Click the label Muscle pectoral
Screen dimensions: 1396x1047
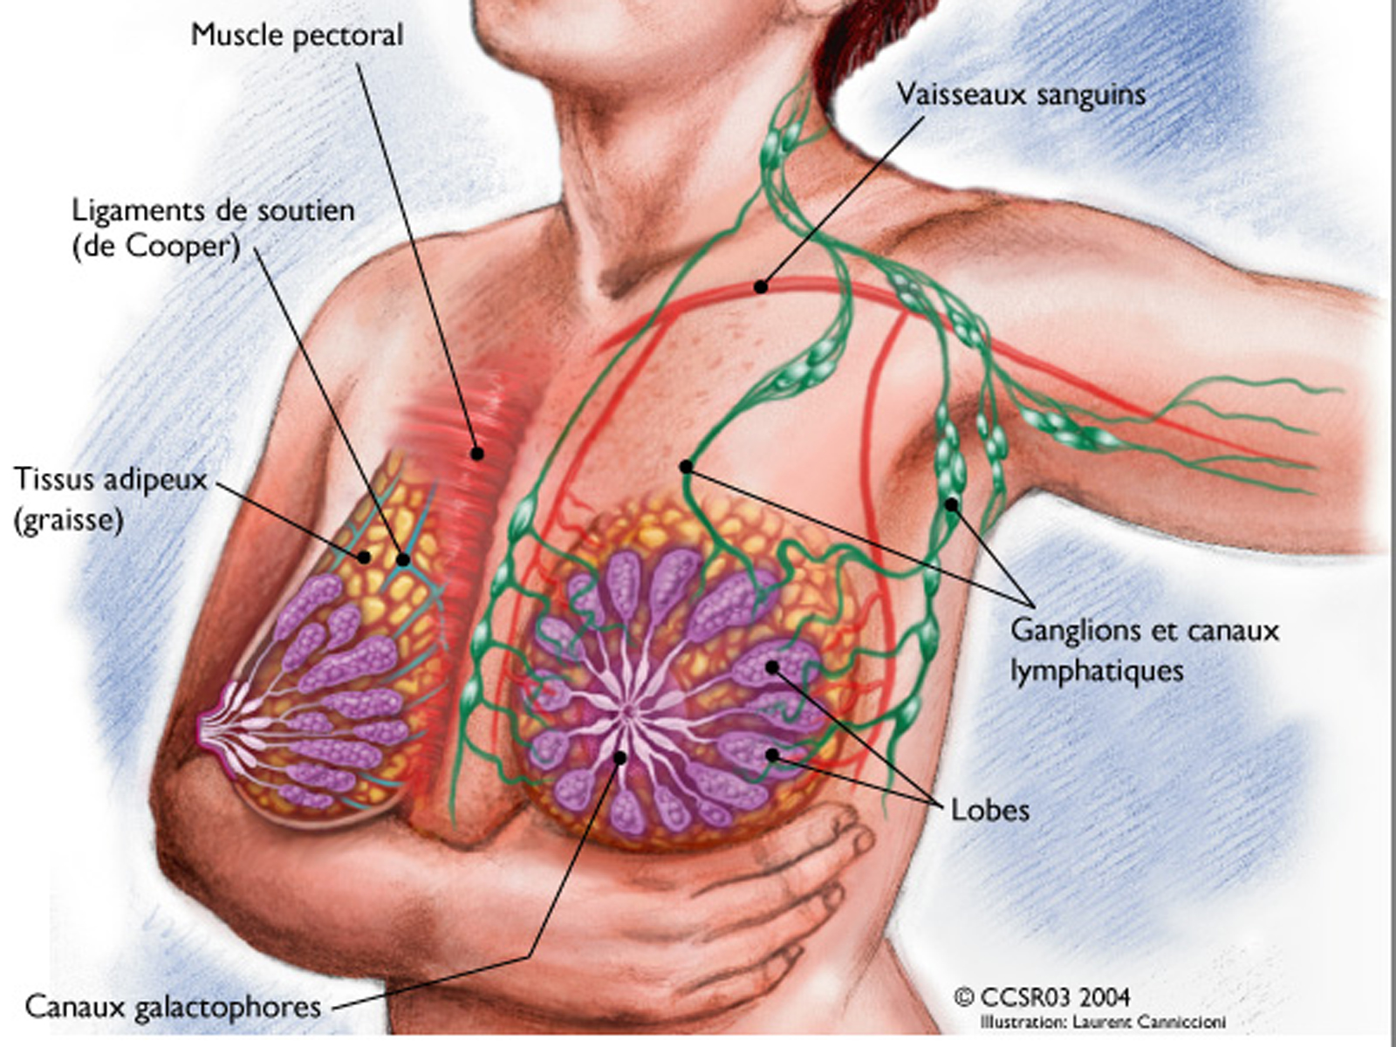click(x=297, y=36)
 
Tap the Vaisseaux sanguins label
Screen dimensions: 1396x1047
click(x=1021, y=95)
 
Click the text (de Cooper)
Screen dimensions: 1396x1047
click(x=156, y=247)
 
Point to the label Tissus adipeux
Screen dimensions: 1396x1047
click(x=111, y=480)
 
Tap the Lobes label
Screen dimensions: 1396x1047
click(x=989, y=811)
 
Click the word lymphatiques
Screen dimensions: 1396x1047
click(x=1097, y=671)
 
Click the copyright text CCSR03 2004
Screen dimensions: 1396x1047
click(x=1043, y=996)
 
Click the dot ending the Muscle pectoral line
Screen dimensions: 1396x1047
click(x=477, y=453)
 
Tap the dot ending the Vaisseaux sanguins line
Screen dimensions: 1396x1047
click(x=761, y=287)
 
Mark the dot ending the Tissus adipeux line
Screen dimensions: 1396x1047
click(x=364, y=558)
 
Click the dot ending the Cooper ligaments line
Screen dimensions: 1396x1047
click(x=403, y=560)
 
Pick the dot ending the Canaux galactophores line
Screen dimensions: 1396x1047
click(x=620, y=757)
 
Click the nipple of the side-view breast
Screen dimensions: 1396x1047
click(x=205, y=725)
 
